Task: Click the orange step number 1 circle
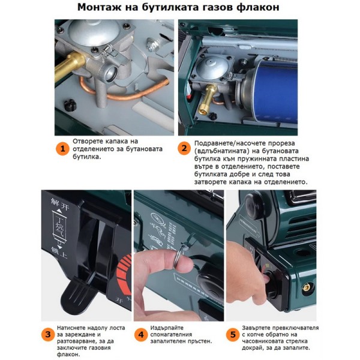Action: (62, 149)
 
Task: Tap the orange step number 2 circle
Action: (184, 148)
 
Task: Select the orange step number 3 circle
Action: (48, 334)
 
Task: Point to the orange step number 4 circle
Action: (141, 334)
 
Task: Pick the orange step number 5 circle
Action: (233, 334)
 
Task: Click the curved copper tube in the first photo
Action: (124, 93)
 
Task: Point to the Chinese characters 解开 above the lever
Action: (60, 205)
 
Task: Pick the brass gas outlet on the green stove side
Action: (306, 287)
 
